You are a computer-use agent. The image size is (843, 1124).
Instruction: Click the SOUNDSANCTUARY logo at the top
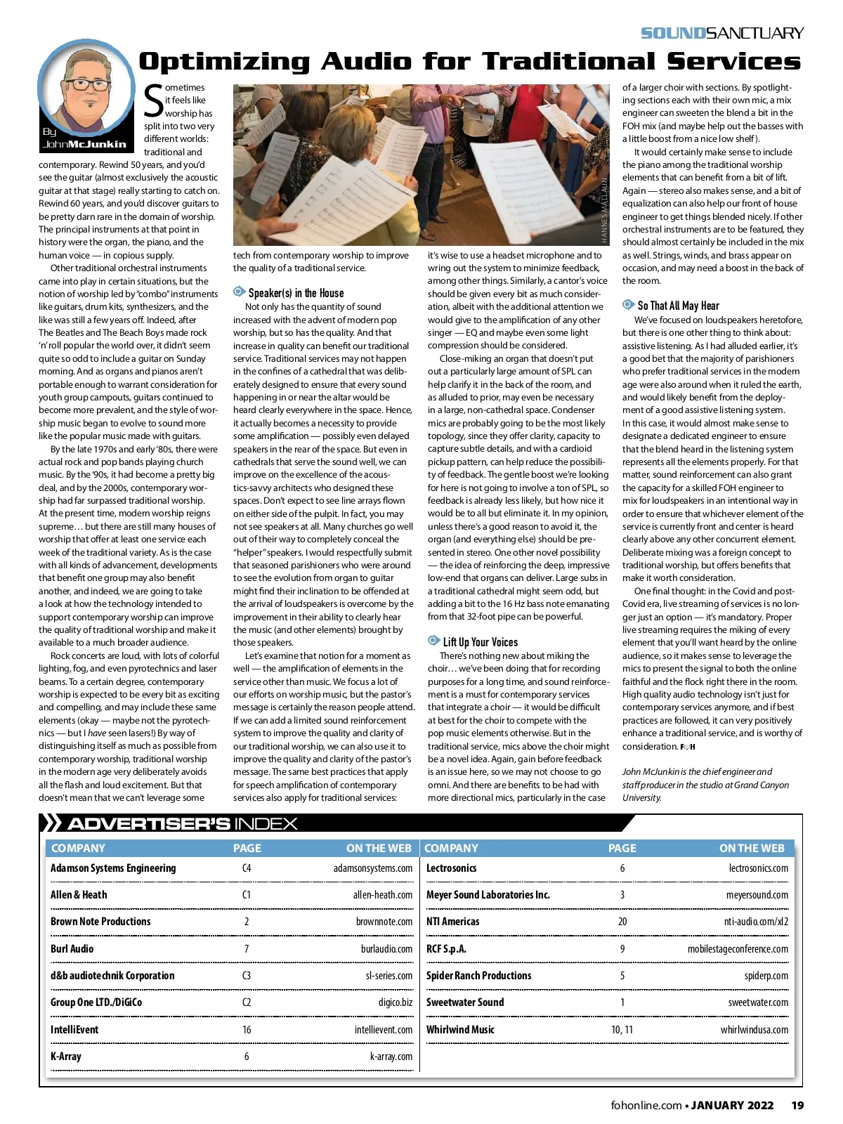(x=721, y=33)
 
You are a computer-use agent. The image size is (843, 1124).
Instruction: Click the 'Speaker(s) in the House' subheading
(x=296, y=293)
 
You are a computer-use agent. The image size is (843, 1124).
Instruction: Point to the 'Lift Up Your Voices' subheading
(x=480, y=641)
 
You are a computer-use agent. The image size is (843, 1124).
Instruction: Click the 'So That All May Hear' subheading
(x=678, y=306)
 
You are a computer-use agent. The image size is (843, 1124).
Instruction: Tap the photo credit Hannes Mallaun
(x=604, y=210)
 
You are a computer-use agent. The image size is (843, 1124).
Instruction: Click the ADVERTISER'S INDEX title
(x=183, y=824)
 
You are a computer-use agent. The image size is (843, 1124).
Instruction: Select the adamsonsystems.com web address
(x=372, y=868)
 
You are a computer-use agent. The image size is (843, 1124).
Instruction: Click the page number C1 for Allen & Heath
(x=247, y=895)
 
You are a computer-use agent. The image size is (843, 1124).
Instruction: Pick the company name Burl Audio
(x=72, y=949)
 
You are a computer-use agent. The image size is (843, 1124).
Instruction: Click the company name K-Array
(x=66, y=1057)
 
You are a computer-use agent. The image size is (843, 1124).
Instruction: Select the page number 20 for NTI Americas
(x=622, y=922)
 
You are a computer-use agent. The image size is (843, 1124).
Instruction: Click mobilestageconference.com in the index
(x=737, y=949)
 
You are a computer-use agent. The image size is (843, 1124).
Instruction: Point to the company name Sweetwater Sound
(x=465, y=1002)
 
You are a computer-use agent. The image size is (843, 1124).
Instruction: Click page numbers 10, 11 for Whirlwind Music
(x=622, y=1030)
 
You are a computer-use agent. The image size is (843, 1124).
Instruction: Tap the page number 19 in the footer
(x=797, y=1105)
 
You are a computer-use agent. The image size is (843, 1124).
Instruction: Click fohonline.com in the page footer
(x=646, y=1105)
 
